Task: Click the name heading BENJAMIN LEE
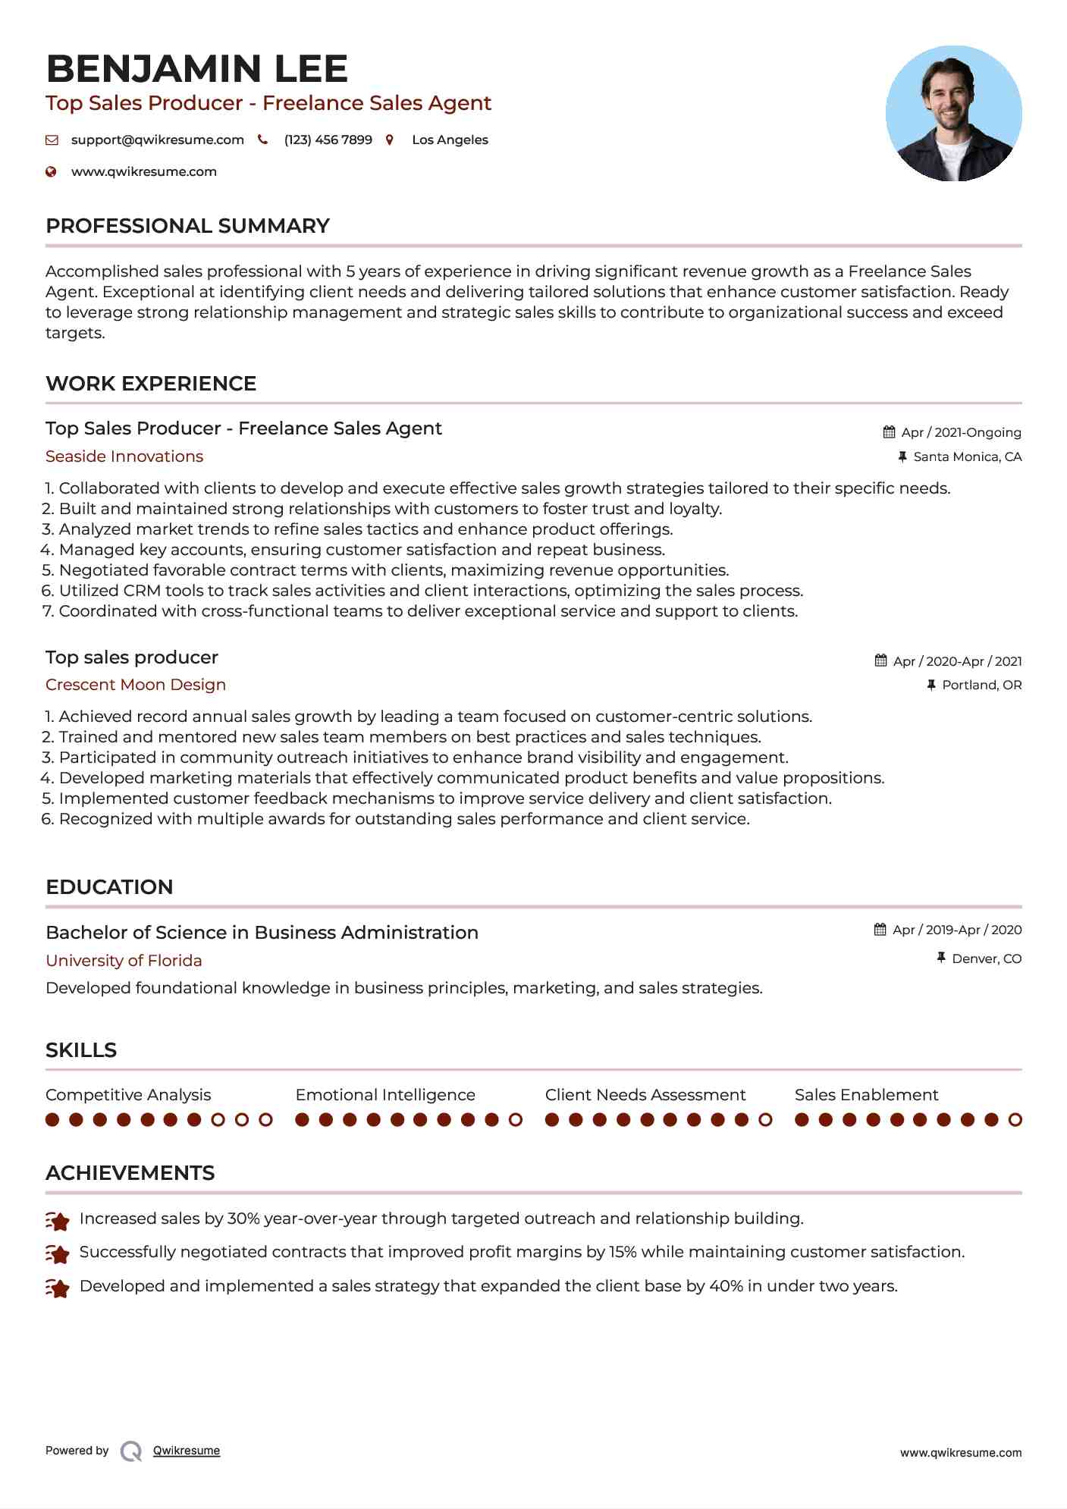pyautogui.click(x=196, y=69)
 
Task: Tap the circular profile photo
pyautogui.click(x=953, y=114)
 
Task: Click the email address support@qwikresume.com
pyautogui.click(x=157, y=140)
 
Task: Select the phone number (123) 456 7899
pyautogui.click(x=328, y=140)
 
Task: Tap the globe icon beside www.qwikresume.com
pyautogui.click(x=52, y=171)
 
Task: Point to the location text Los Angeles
pyautogui.click(x=450, y=140)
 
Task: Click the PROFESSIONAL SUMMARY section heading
pyautogui.click(x=187, y=226)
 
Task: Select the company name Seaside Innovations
pyautogui.click(x=124, y=456)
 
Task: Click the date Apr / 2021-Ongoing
pyautogui.click(x=961, y=432)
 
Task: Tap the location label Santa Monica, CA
pyautogui.click(x=967, y=456)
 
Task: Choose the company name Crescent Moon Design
pyautogui.click(x=136, y=685)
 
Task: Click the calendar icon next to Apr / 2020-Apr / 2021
pyautogui.click(x=880, y=660)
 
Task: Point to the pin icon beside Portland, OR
pyautogui.click(x=931, y=685)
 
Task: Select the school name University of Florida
pyautogui.click(x=124, y=961)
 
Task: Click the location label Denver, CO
pyautogui.click(x=987, y=958)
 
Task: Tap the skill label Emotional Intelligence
pyautogui.click(x=385, y=1095)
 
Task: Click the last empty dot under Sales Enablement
pyautogui.click(x=1015, y=1120)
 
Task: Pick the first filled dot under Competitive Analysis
pyautogui.click(x=52, y=1120)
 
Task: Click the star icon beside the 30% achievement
pyautogui.click(x=58, y=1220)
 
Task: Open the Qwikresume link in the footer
pyautogui.click(x=187, y=1451)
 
